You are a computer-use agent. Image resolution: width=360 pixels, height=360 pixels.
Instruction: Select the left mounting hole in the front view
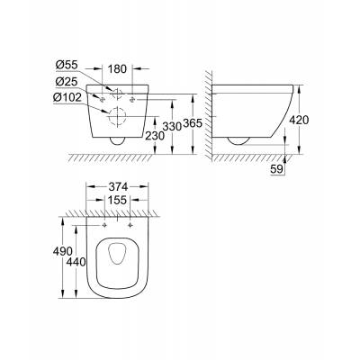coord(105,97)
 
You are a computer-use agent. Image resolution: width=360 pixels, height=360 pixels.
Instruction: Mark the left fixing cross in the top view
coord(106,223)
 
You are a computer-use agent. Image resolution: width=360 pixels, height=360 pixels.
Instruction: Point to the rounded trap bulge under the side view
coord(240,139)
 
